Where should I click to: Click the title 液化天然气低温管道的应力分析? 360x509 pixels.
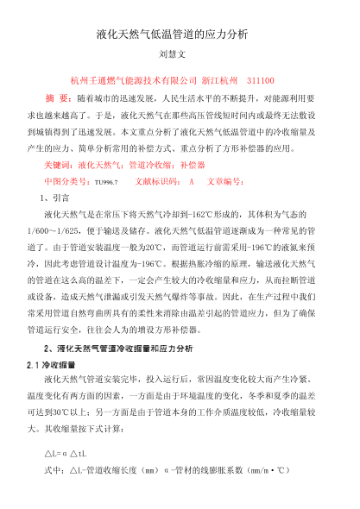(180, 35)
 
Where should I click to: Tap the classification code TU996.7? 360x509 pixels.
(106, 182)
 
